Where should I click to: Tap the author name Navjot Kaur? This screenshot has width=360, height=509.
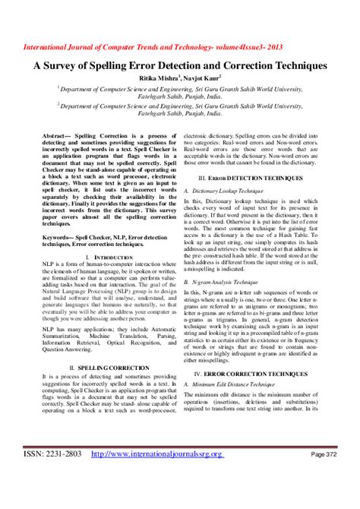201,77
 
